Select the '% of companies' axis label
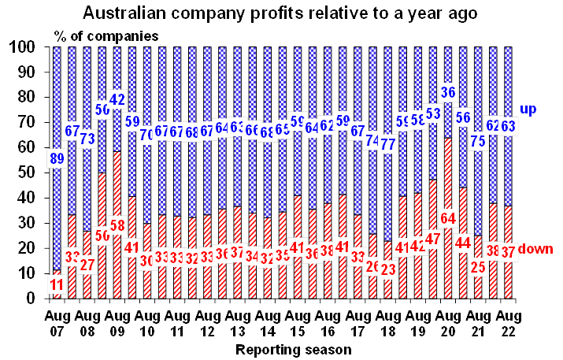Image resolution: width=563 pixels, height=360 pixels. coord(106,35)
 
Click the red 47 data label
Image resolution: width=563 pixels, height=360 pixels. coord(432,237)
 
